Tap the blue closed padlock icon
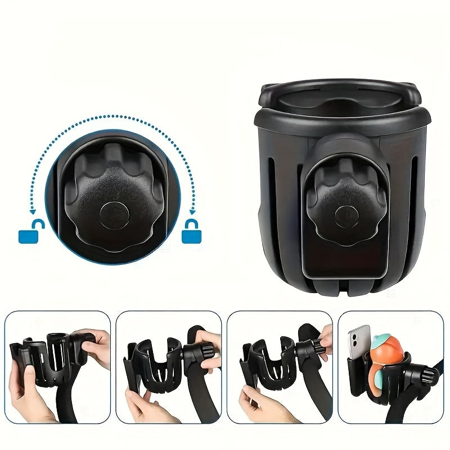pyautogui.click(x=191, y=234)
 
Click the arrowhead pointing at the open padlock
pyautogui.click(x=34, y=213)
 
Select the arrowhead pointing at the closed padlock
pyautogui.click(x=192, y=213)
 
